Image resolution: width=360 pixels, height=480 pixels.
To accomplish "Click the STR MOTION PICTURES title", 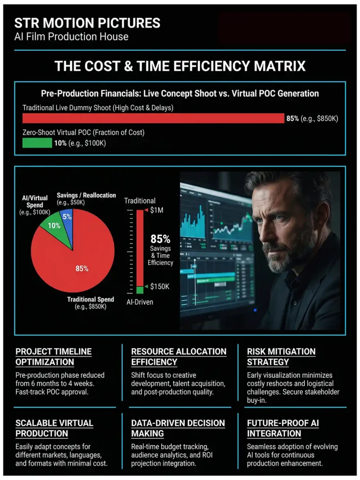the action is pyautogui.click(x=87, y=23).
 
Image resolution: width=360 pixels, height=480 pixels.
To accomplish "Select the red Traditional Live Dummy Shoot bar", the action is pyautogui.click(x=153, y=118).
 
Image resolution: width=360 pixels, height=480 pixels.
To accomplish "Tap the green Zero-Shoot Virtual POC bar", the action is pyautogui.click(x=37, y=143).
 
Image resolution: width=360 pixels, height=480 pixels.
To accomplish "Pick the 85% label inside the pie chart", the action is pyautogui.click(x=82, y=269).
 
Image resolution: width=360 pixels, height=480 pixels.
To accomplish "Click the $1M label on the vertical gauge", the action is pyautogui.click(x=157, y=210).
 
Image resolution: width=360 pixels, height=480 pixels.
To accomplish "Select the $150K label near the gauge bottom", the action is pyautogui.click(x=159, y=286).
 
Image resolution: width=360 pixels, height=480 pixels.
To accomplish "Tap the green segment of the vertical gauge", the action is pyautogui.click(x=140, y=290).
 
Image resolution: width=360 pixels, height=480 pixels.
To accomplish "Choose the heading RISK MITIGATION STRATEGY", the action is pyautogui.click(x=281, y=357).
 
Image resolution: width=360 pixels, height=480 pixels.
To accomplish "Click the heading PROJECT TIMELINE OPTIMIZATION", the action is pyautogui.click(x=53, y=357).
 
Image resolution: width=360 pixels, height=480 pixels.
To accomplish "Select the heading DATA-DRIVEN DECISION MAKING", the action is pyautogui.click(x=178, y=428).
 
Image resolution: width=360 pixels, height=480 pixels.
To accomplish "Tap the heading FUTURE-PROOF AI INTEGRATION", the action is pyautogui.click(x=283, y=428).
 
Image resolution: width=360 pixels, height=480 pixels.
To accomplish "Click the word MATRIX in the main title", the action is pyautogui.click(x=278, y=66).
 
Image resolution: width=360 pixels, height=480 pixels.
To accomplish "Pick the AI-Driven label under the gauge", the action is pyautogui.click(x=140, y=302).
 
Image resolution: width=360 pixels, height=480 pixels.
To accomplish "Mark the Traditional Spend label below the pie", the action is pyautogui.click(x=90, y=300).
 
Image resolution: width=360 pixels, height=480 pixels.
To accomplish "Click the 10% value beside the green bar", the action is pyautogui.click(x=60, y=143).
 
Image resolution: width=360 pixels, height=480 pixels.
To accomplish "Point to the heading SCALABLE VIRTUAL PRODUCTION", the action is pyautogui.click(x=54, y=428).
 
